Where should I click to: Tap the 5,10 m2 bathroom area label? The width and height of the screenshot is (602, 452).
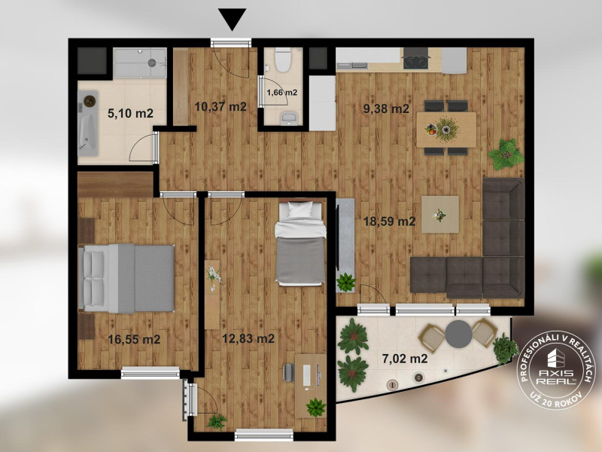(130, 114)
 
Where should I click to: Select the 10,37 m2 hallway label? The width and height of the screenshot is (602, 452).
(220, 106)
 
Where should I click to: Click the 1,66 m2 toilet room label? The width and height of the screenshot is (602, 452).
(281, 92)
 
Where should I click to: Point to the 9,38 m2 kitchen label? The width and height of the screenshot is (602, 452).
(386, 108)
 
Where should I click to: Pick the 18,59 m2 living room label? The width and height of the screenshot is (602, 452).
(390, 221)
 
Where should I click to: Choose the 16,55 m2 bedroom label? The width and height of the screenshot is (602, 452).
(134, 340)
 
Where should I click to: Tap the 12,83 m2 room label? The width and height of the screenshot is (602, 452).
(248, 338)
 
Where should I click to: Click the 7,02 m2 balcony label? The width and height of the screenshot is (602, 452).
(405, 359)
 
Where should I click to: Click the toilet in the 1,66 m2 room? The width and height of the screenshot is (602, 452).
(283, 60)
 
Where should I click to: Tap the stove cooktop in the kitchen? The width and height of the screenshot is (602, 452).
(416, 62)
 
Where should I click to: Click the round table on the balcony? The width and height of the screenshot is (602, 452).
(458, 334)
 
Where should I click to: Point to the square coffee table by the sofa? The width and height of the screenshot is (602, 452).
(440, 214)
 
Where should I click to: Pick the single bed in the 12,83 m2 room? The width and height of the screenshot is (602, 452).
(300, 243)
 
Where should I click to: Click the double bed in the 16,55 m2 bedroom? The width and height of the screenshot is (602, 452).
(126, 278)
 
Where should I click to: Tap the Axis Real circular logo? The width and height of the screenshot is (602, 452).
(555, 372)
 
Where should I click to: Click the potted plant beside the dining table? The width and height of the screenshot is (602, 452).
(506, 154)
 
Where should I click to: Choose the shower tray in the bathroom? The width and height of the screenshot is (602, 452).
(140, 63)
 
